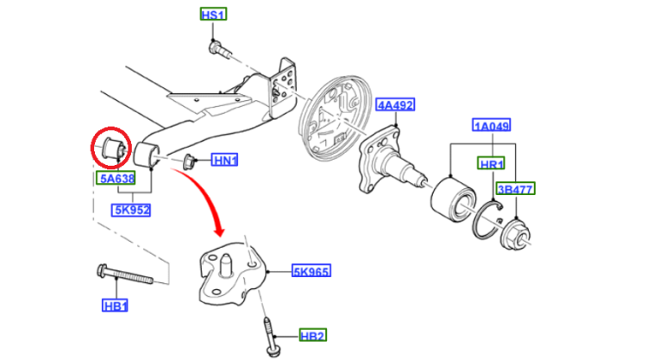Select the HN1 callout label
pyautogui.click(x=226, y=160)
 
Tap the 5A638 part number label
pyautogui.click(x=115, y=179)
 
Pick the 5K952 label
pyautogui.click(x=132, y=209)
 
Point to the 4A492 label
pyautogui.click(x=396, y=105)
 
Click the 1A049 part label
pyautogui.click(x=492, y=125)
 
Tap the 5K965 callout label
pyautogui.click(x=311, y=271)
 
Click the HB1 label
pyautogui.click(x=115, y=306)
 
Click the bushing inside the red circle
pyautogui.click(x=112, y=148)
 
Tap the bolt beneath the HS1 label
pyautogui.click(x=219, y=49)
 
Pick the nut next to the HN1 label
pyautogui.click(x=191, y=160)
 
